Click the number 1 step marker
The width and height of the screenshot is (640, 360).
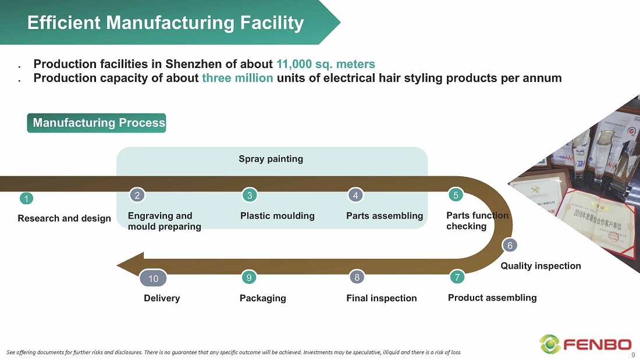pyautogui.click(x=26, y=199)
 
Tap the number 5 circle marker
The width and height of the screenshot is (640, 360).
pyautogui.click(x=456, y=195)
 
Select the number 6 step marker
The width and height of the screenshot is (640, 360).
pyautogui.click(x=510, y=245)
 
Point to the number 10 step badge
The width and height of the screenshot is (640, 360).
pyautogui.click(x=154, y=279)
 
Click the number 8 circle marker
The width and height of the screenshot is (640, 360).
pyautogui.click(x=357, y=277)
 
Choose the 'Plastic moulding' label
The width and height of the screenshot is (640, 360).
pyautogui.click(x=277, y=216)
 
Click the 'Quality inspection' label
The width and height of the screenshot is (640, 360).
pyautogui.click(x=541, y=266)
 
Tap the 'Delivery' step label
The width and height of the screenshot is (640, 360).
pyautogui.click(x=162, y=298)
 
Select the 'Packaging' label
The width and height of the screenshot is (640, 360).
pyautogui.click(x=262, y=298)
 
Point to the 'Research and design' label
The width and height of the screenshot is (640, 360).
pyautogui.click(x=64, y=218)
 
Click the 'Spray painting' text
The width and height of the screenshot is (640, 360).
pyautogui.click(x=271, y=159)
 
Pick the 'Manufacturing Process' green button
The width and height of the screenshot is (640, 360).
pyautogui.click(x=97, y=123)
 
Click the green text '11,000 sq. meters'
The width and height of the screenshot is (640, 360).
pyautogui.click(x=326, y=64)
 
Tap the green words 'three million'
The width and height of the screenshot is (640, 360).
pyautogui.click(x=237, y=78)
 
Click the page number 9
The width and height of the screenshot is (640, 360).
pyautogui.click(x=633, y=355)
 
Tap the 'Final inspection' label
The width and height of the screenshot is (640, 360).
pyautogui.click(x=381, y=298)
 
